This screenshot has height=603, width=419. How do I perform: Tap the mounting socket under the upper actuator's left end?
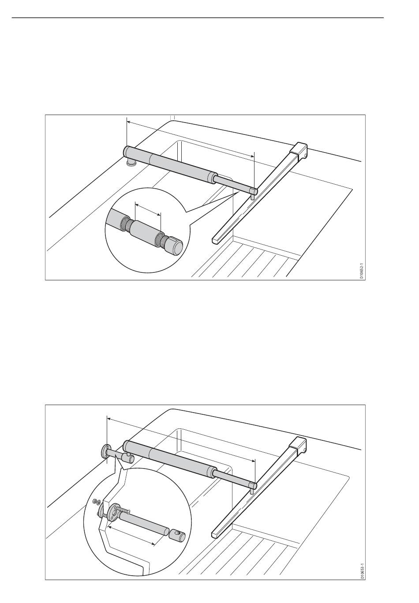click(131, 163)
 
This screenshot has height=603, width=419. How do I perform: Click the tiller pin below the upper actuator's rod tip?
click(252, 197)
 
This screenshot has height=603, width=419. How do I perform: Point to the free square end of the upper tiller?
click(216, 239)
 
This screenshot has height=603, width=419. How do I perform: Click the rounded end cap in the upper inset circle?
click(177, 246)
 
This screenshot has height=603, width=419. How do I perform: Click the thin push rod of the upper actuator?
click(234, 184)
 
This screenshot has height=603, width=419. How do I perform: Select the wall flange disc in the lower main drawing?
click(105, 450)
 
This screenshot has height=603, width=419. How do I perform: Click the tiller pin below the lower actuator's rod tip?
click(251, 491)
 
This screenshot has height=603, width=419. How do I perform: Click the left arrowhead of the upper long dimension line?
click(129, 123)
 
